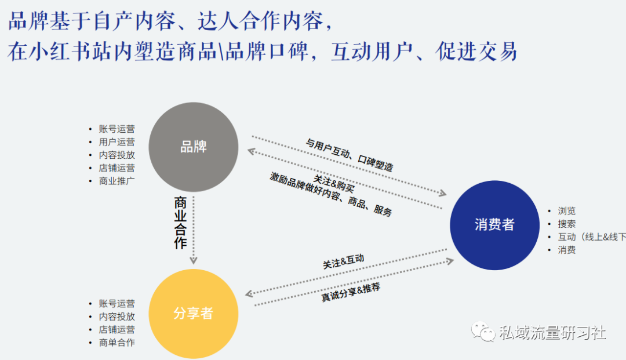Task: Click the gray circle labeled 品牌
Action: (193, 147)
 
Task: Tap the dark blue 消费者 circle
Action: (494, 225)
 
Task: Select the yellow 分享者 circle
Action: (193, 314)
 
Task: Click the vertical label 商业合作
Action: (180, 223)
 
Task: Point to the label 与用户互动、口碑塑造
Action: (350, 155)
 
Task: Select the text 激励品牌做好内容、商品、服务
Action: (330, 194)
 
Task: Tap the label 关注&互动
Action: (343, 261)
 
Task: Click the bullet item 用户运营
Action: (117, 142)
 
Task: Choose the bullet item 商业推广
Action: (117, 181)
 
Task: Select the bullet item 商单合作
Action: (117, 343)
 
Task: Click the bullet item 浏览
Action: (566, 211)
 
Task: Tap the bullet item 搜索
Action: (566, 224)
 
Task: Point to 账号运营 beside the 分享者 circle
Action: (117, 304)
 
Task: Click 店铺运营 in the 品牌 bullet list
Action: (117, 168)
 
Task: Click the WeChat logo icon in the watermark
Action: (483, 331)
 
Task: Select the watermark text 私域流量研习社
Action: (552, 332)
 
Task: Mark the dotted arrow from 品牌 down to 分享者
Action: (194, 230)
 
